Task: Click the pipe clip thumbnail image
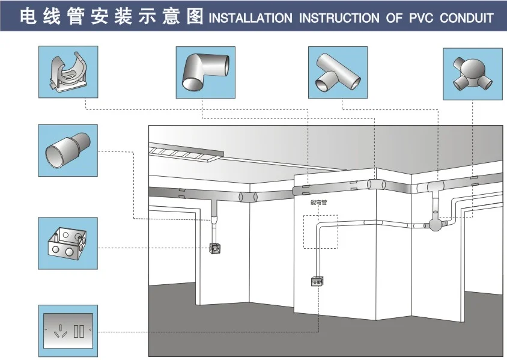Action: [x=68, y=72]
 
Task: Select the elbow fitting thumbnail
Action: [x=205, y=72]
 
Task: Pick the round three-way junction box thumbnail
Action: [x=472, y=72]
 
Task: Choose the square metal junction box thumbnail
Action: [x=68, y=243]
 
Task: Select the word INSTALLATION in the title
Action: [x=251, y=17]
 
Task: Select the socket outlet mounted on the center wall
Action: [x=317, y=281]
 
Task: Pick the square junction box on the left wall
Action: [x=214, y=247]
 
